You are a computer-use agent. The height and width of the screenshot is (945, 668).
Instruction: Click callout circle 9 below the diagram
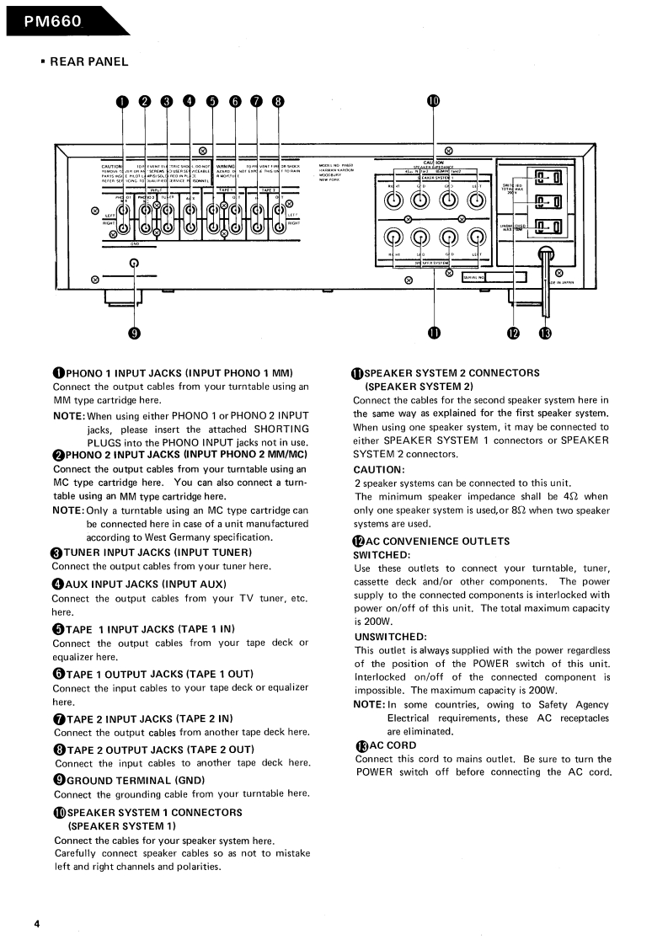tap(134, 333)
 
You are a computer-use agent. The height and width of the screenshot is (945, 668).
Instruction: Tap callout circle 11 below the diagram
tap(434, 333)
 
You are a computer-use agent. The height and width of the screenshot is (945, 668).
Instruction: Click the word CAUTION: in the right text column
tap(379, 468)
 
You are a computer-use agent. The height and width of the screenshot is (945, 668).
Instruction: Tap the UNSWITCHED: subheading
tap(388, 636)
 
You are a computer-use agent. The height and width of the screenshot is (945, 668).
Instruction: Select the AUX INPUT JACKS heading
tap(146, 584)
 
